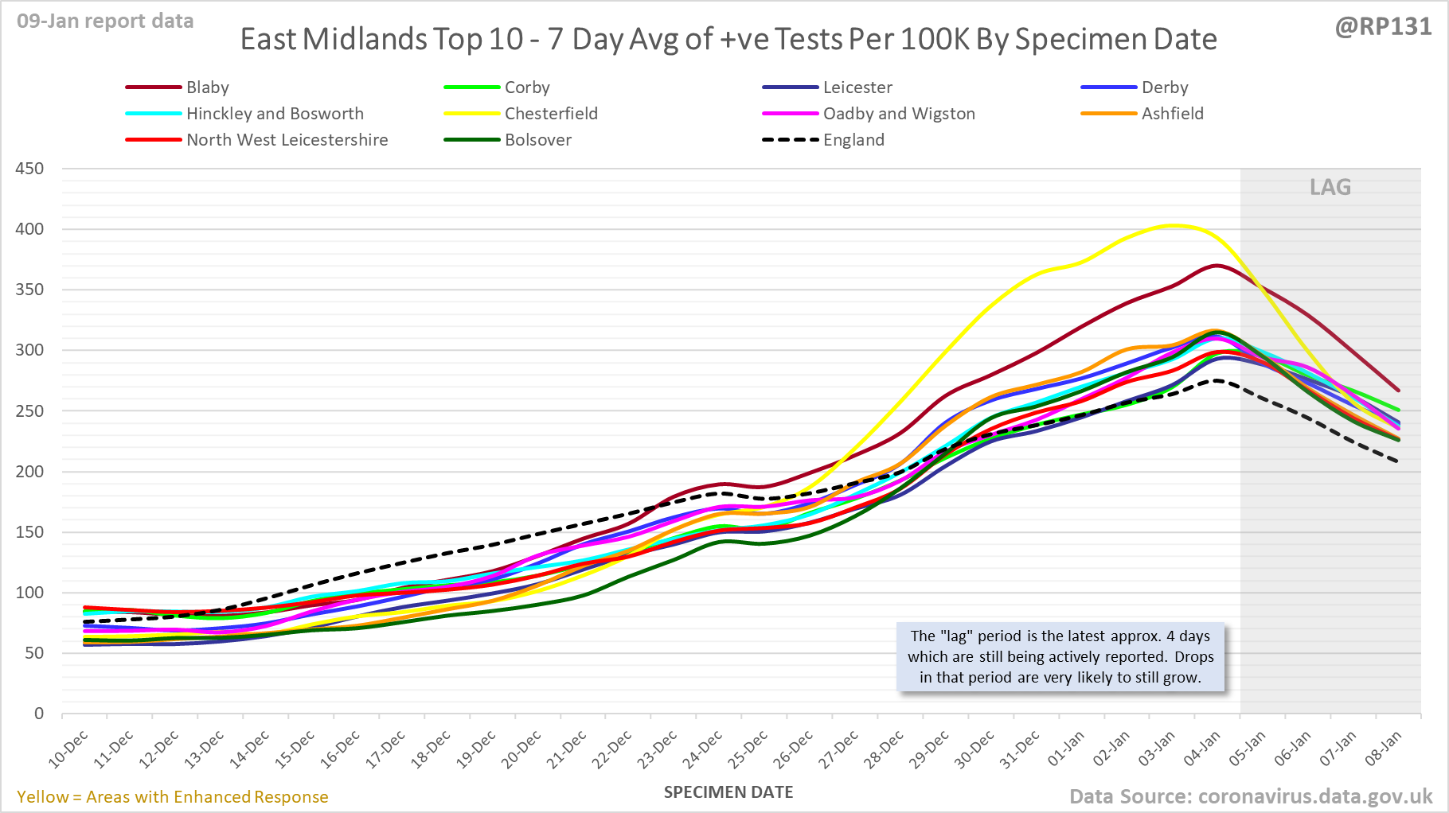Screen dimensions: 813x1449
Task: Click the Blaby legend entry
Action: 207,88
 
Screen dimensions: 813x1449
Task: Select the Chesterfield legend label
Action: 551,114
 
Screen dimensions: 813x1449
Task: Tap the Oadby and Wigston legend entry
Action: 898,114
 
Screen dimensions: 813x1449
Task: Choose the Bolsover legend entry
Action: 537,140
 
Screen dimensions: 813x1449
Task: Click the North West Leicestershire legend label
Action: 287,140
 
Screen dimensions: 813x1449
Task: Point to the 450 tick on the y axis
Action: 29,169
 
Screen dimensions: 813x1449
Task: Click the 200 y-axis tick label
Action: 29,472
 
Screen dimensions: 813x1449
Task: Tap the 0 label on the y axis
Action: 38,714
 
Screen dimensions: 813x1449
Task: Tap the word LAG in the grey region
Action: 1330,187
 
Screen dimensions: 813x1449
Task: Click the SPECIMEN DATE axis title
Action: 728,792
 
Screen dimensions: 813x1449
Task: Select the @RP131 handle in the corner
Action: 1383,27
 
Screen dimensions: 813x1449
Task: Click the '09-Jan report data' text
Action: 105,21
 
